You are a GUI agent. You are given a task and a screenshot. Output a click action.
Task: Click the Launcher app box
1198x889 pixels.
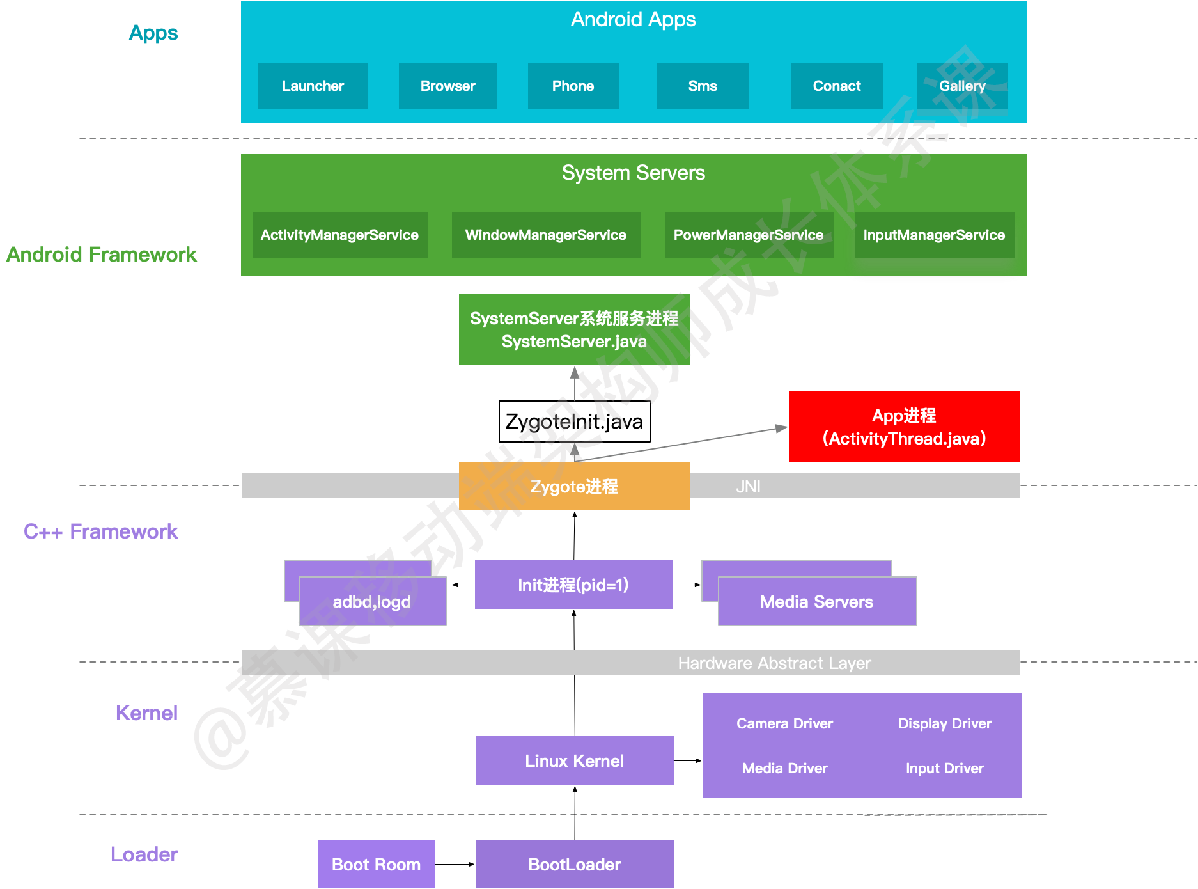pos(313,86)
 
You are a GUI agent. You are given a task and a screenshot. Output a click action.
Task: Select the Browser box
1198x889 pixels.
pos(447,86)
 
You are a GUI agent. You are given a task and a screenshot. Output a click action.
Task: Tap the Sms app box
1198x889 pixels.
pos(703,86)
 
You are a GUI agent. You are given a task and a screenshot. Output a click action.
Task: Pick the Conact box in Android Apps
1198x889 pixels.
pos(837,86)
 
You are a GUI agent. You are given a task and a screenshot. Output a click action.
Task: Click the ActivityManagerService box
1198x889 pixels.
pos(339,235)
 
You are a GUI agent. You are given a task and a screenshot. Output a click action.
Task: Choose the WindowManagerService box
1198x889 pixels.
pos(546,235)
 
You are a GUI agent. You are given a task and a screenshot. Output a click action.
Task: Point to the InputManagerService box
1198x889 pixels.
pos(934,235)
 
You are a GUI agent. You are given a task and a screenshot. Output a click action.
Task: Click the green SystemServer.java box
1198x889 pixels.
pos(574,329)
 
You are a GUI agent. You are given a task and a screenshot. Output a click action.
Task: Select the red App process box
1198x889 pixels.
pos(904,427)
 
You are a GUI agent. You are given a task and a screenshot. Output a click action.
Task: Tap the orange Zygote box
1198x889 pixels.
pos(574,487)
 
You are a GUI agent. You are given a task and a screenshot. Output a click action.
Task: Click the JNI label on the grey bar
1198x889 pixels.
pos(748,487)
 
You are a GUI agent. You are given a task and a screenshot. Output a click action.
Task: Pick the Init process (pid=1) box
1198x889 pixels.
pos(573,585)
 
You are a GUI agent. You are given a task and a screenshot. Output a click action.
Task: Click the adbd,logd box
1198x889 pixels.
pos(372,602)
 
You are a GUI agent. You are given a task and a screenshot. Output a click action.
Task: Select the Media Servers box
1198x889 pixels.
pos(816,602)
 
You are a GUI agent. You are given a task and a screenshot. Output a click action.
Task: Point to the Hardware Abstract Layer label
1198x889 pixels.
pos(774,663)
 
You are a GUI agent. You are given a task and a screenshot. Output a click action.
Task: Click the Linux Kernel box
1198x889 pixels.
pos(574,760)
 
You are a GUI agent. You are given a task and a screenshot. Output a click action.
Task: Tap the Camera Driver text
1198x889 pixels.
pos(784,723)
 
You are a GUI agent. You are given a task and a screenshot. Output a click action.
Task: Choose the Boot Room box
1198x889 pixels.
pos(376,864)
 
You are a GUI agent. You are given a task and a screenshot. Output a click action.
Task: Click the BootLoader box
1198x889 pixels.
pos(574,864)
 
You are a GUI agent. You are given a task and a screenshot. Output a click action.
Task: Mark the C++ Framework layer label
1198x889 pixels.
pos(101,531)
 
